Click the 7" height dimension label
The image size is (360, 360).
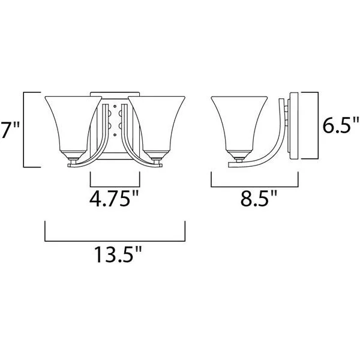point(10,130)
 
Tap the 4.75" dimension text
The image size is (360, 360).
point(114,199)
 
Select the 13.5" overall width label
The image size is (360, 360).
point(118,254)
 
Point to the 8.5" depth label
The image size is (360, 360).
point(259,197)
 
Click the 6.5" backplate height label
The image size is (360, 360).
point(341,125)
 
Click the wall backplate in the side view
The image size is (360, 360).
point(294,126)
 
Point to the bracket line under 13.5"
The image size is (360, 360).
point(115,241)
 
